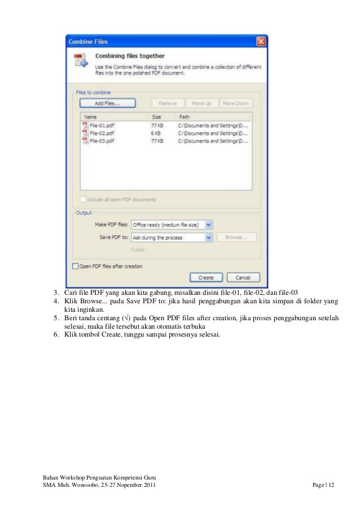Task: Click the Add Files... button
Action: (107, 103)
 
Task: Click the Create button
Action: (205, 278)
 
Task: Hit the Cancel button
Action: (243, 278)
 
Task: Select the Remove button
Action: (168, 103)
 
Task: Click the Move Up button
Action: (201, 103)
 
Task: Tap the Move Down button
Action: (235, 103)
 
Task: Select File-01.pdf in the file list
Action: (102, 125)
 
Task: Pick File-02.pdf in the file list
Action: (102, 133)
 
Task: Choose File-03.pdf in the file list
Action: (102, 141)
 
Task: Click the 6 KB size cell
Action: (156, 133)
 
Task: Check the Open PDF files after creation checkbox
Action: (75, 266)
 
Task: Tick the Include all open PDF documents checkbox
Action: (84, 199)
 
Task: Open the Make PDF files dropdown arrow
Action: (209, 225)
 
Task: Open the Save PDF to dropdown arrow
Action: (209, 238)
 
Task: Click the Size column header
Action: (157, 117)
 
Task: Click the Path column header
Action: (185, 117)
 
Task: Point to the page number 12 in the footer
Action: (331, 486)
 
